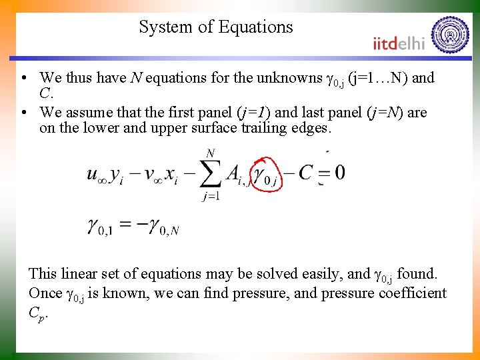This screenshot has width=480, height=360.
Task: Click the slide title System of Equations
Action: (x=216, y=27)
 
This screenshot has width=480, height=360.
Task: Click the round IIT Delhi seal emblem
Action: (x=450, y=35)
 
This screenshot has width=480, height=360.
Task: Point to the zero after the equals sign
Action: (x=339, y=173)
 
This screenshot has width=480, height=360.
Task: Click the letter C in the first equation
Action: (x=305, y=173)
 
